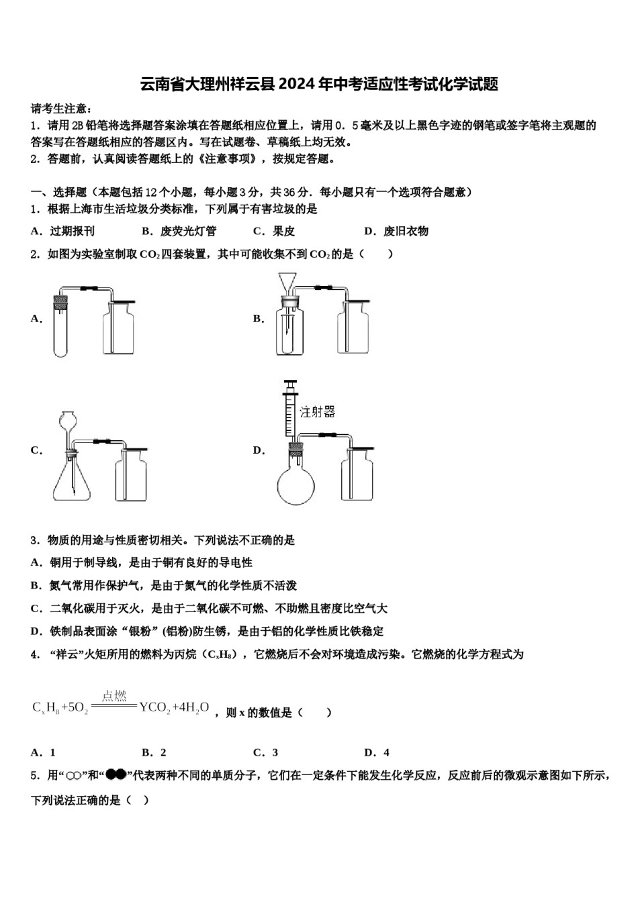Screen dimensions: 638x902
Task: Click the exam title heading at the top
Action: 318,84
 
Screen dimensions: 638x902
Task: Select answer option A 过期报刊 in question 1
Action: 63,232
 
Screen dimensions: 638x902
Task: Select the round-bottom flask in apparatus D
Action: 295,482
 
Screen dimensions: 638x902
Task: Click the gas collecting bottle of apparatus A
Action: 118,329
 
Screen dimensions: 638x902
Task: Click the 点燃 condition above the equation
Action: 114,695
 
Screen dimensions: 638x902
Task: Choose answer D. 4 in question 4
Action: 377,752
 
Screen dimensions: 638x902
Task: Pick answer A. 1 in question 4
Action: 44,752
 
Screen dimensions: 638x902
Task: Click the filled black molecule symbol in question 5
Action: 116,775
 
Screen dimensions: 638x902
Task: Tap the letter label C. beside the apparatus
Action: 36,450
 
